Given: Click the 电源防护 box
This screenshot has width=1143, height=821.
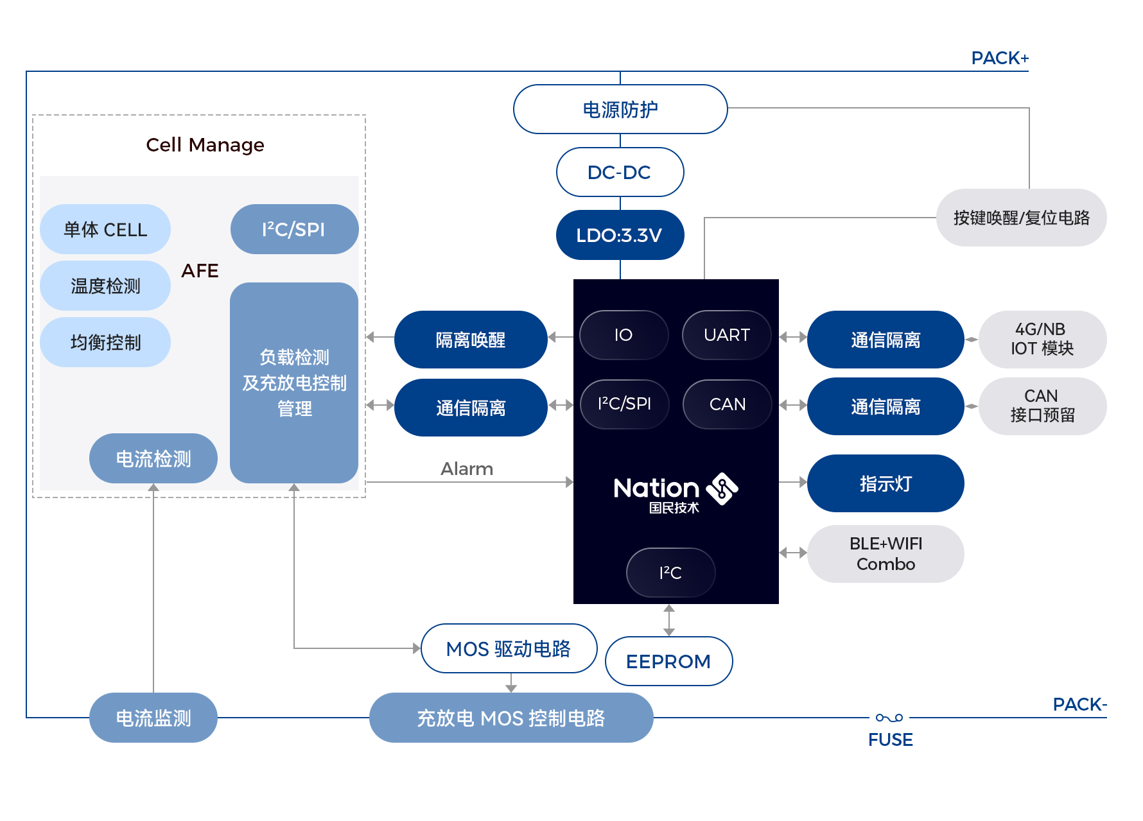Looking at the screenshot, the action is tap(620, 109).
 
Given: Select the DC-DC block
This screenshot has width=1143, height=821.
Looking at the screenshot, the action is tap(620, 172).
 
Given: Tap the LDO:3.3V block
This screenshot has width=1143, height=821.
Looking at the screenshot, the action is tap(620, 235).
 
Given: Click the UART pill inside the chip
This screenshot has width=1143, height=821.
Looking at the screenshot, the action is tap(727, 335).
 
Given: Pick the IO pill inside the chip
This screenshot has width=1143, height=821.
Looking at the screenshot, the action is tap(624, 335).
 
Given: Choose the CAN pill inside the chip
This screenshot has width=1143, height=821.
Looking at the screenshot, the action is tap(728, 404).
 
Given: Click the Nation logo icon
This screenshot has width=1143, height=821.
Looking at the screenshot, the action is tap(722, 489).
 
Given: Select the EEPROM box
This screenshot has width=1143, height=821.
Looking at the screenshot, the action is tap(669, 661).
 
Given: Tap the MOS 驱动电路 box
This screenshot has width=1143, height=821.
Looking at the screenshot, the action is tap(509, 648).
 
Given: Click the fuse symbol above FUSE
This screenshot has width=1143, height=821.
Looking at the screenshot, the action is tap(889, 718).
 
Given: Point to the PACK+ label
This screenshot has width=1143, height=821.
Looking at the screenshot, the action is tap(1000, 58).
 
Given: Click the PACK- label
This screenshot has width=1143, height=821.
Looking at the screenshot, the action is tap(1080, 705).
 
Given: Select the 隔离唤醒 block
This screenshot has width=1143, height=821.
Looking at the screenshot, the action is tap(471, 340).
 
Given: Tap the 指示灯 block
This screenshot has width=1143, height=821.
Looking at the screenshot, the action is tap(886, 483).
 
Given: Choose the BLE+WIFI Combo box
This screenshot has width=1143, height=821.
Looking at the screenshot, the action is tap(886, 554).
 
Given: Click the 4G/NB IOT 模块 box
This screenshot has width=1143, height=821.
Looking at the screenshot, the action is tap(1043, 340).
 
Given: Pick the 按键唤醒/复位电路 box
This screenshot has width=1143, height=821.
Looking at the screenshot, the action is tap(1022, 218).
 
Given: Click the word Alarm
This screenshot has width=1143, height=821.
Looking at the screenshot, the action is tap(467, 469).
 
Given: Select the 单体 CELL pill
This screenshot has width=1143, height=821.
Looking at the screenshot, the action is tap(105, 229).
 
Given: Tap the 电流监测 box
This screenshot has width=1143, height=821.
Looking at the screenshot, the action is tap(153, 718).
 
